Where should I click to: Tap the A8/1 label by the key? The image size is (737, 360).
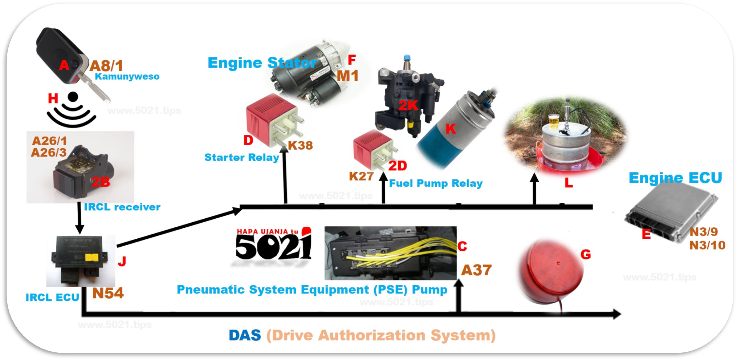coord(106,66)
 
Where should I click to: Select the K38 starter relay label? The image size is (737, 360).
coord(300,145)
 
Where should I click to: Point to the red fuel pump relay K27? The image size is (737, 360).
coord(372,149)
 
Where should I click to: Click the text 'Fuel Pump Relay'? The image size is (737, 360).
coord(436,183)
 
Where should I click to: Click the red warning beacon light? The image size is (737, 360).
coord(552,272)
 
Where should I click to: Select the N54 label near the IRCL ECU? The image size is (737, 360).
coord(108,293)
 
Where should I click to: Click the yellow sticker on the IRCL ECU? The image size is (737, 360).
coord(91,257)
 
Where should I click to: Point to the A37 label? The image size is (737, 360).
coord(476,270)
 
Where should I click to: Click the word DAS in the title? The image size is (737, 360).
coord(245,335)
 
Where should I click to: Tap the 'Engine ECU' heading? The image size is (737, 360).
coord(675,178)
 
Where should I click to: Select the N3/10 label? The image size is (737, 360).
coord(707,245)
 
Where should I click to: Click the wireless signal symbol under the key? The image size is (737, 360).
coord(72,111)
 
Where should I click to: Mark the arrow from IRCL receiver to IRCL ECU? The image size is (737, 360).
coord(80,218)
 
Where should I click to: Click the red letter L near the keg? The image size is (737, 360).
coord(569,182)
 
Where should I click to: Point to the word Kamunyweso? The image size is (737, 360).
coord(127,77)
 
